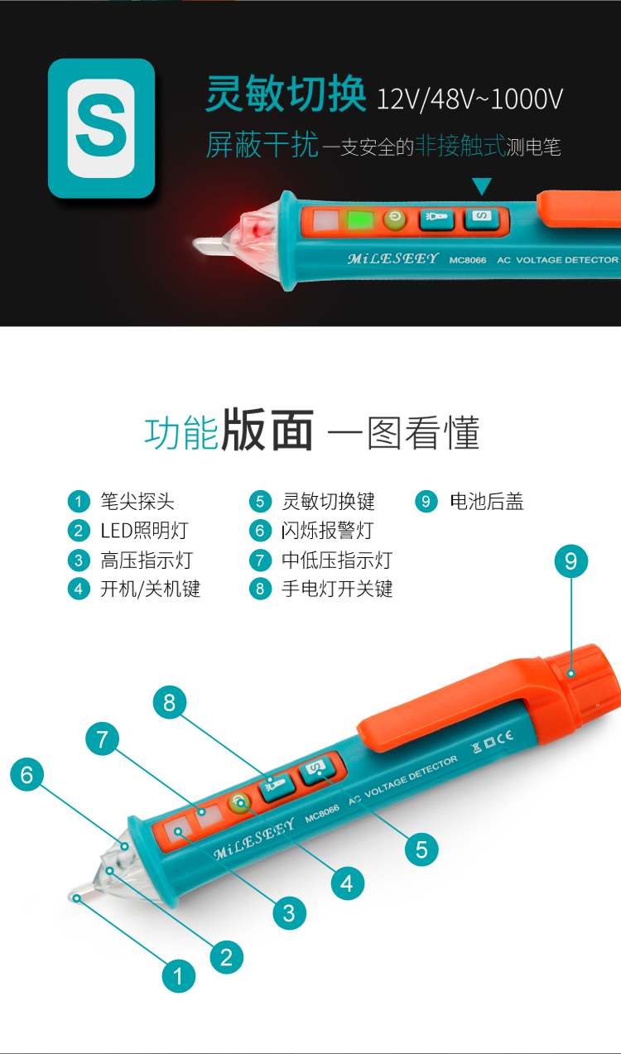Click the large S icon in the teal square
click(101, 128)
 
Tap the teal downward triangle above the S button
click(481, 185)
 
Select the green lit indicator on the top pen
click(360, 221)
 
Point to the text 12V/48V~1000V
click(469, 99)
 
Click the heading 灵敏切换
click(286, 94)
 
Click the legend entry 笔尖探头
click(137, 501)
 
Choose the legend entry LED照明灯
click(144, 531)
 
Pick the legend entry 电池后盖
click(486, 501)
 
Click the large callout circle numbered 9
click(570, 561)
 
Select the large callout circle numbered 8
click(170, 703)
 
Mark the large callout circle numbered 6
click(27, 774)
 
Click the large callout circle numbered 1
click(178, 976)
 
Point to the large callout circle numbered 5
click(421, 849)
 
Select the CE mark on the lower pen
click(504, 737)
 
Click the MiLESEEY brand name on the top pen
click(392, 258)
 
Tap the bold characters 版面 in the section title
click(267, 431)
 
